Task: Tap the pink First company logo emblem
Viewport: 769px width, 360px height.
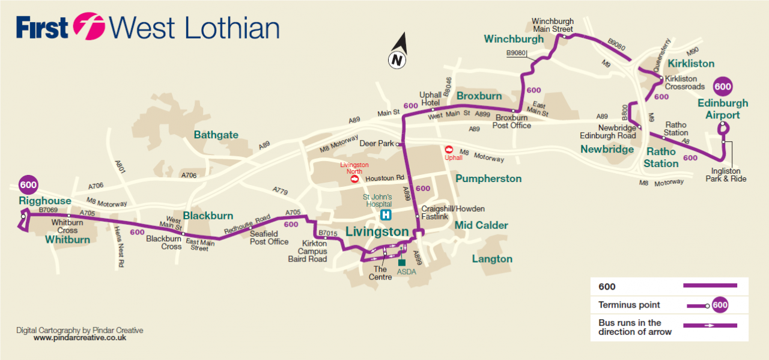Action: (x=89, y=26)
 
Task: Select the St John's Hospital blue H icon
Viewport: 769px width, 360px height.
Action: (x=386, y=215)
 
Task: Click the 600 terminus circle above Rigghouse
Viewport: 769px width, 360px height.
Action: (x=28, y=185)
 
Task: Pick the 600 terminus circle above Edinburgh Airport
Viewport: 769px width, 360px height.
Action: (x=723, y=87)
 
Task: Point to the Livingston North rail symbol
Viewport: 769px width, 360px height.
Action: (x=354, y=178)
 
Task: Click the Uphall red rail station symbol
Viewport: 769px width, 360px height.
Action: (x=449, y=149)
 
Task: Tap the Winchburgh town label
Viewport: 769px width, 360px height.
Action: (x=514, y=39)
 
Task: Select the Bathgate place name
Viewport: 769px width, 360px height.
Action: (x=216, y=135)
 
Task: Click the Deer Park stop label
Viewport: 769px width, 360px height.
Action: (x=377, y=144)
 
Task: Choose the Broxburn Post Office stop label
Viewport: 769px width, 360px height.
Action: (x=511, y=122)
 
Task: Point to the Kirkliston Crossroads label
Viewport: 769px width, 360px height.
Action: (x=684, y=83)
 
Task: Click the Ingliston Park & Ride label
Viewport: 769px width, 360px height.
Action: (x=726, y=175)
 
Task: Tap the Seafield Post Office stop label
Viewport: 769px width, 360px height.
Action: (x=269, y=238)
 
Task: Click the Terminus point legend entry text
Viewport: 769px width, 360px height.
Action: (x=629, y=305)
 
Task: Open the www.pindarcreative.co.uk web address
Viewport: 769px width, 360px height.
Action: (x=80, y=338)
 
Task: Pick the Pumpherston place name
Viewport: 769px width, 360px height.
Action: (x=488, y=178)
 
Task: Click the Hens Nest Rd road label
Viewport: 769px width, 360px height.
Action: (x=119, y=246)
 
